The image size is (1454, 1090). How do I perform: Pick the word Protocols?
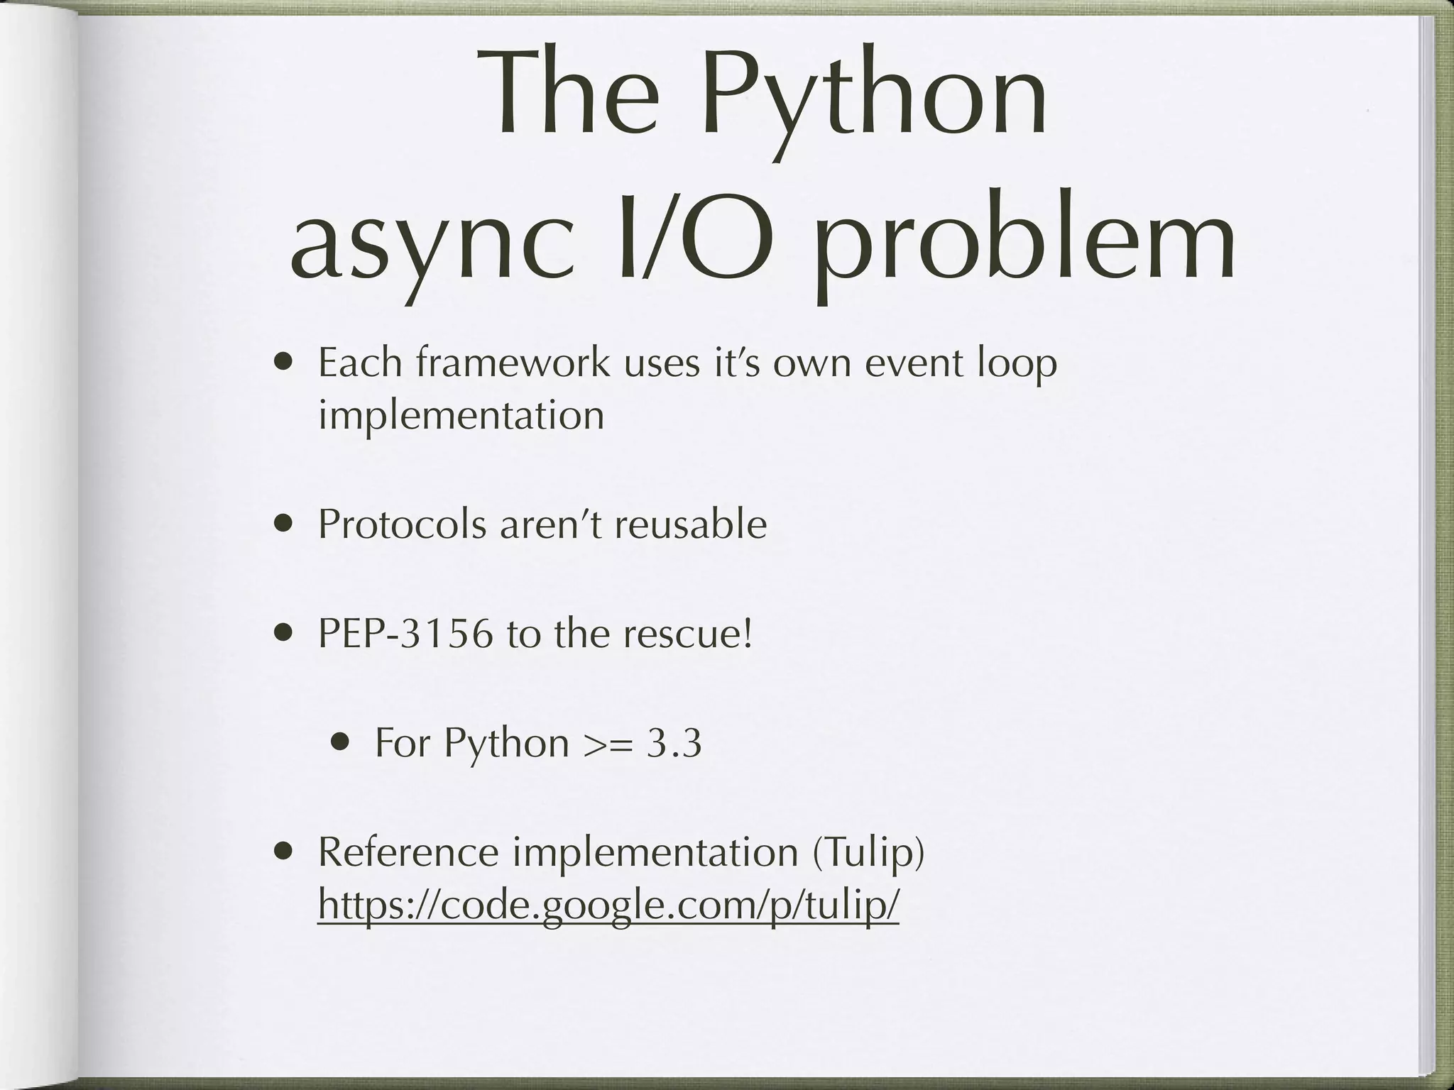click(403, 525)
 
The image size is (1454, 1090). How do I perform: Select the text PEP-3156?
click(405, 634)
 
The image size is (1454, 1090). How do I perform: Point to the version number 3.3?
click(674, 744)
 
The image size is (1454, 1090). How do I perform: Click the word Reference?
click(408, 852)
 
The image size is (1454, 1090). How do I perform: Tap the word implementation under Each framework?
click(461, 416)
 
